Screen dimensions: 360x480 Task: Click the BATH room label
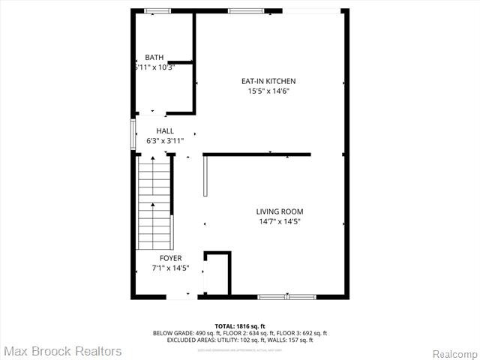[x=154, y=58]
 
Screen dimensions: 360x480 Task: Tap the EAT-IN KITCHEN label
[x=268, y=81]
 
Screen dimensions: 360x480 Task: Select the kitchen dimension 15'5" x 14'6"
[x=268, y=91]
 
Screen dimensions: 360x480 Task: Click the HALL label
[x=165, y=130]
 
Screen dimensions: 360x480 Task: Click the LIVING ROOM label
[x=280, y=211]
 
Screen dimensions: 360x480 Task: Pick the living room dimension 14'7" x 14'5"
[x=280, y=221]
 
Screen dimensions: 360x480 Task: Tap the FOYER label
[x=170, y=258]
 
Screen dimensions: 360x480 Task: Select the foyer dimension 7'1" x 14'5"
[x=170, y=268]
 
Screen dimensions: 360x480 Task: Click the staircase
[x=154, y=202]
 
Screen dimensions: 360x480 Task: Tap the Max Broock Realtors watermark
[x=62, y=351]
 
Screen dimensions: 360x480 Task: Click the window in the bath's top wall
[x=157, y=10]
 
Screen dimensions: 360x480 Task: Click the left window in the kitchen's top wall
[x=241, y=10]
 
